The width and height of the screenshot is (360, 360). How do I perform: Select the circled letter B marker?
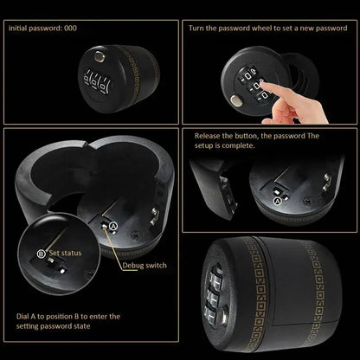42,253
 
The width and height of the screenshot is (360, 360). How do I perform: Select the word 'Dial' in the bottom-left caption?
23,317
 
